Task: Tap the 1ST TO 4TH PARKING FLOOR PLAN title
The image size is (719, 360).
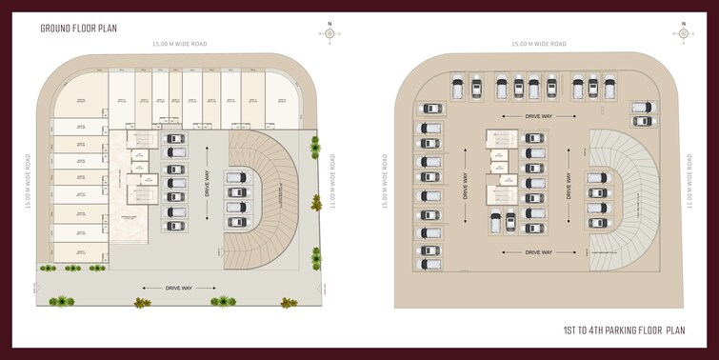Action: [624, 330]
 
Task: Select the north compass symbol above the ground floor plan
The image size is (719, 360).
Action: [330, 33]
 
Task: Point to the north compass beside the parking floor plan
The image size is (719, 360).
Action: [683, 33]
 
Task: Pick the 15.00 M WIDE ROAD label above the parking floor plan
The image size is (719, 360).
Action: [539, 44]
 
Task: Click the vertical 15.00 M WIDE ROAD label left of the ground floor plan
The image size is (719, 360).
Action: [28, 181]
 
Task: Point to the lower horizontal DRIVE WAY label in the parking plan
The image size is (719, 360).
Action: [538, 252]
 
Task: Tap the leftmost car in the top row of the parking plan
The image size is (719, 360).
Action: [457, 89]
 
